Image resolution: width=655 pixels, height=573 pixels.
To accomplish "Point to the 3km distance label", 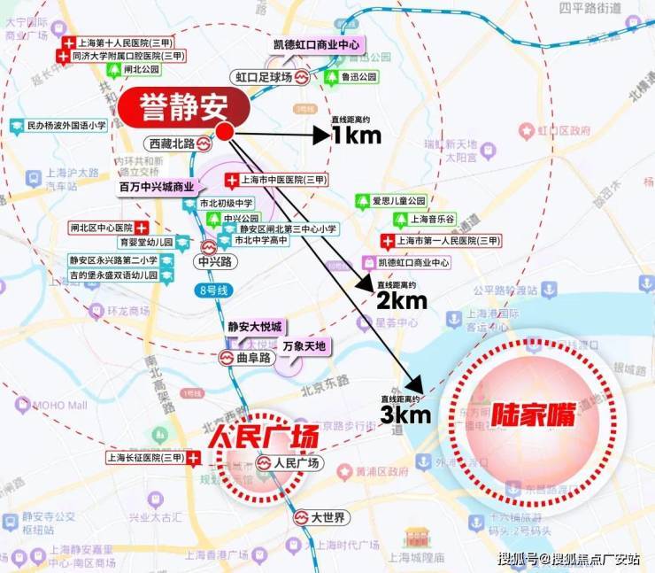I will tap(406, 413).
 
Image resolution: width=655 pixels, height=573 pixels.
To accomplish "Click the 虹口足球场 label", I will tap(264, 77).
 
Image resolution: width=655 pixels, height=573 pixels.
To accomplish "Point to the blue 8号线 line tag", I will tap(208, 289).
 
